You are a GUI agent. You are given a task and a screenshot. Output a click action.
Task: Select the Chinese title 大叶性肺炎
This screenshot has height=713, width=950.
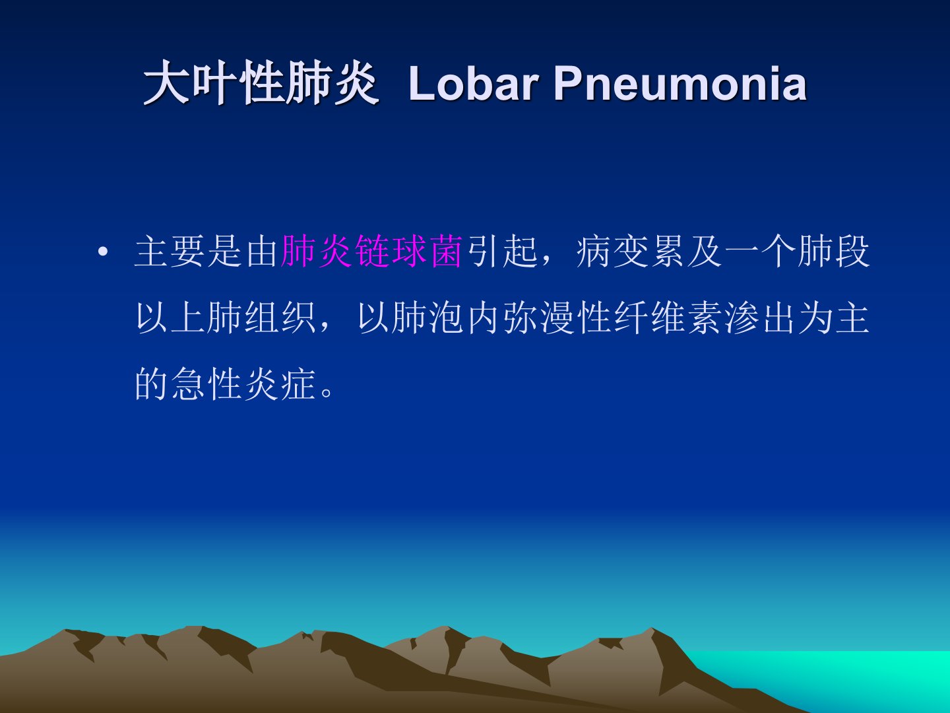point(261,83)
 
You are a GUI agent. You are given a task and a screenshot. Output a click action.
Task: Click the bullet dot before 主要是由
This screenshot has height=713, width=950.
point(102,252)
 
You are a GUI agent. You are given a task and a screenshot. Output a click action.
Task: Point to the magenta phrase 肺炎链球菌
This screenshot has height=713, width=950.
point(371,252)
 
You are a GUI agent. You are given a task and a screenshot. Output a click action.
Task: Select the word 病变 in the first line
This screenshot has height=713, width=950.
point(612,252)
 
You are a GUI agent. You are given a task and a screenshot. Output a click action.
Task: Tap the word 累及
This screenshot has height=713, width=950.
point(685,252)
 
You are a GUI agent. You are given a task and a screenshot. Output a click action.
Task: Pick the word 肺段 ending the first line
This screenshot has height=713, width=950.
point(834,252)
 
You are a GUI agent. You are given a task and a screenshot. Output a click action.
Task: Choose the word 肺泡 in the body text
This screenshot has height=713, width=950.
point(427,318)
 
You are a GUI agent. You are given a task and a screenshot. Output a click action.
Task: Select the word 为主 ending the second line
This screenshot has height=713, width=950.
point(834,318)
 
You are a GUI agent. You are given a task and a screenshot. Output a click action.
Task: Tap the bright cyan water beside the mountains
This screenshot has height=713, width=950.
point(844,675)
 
